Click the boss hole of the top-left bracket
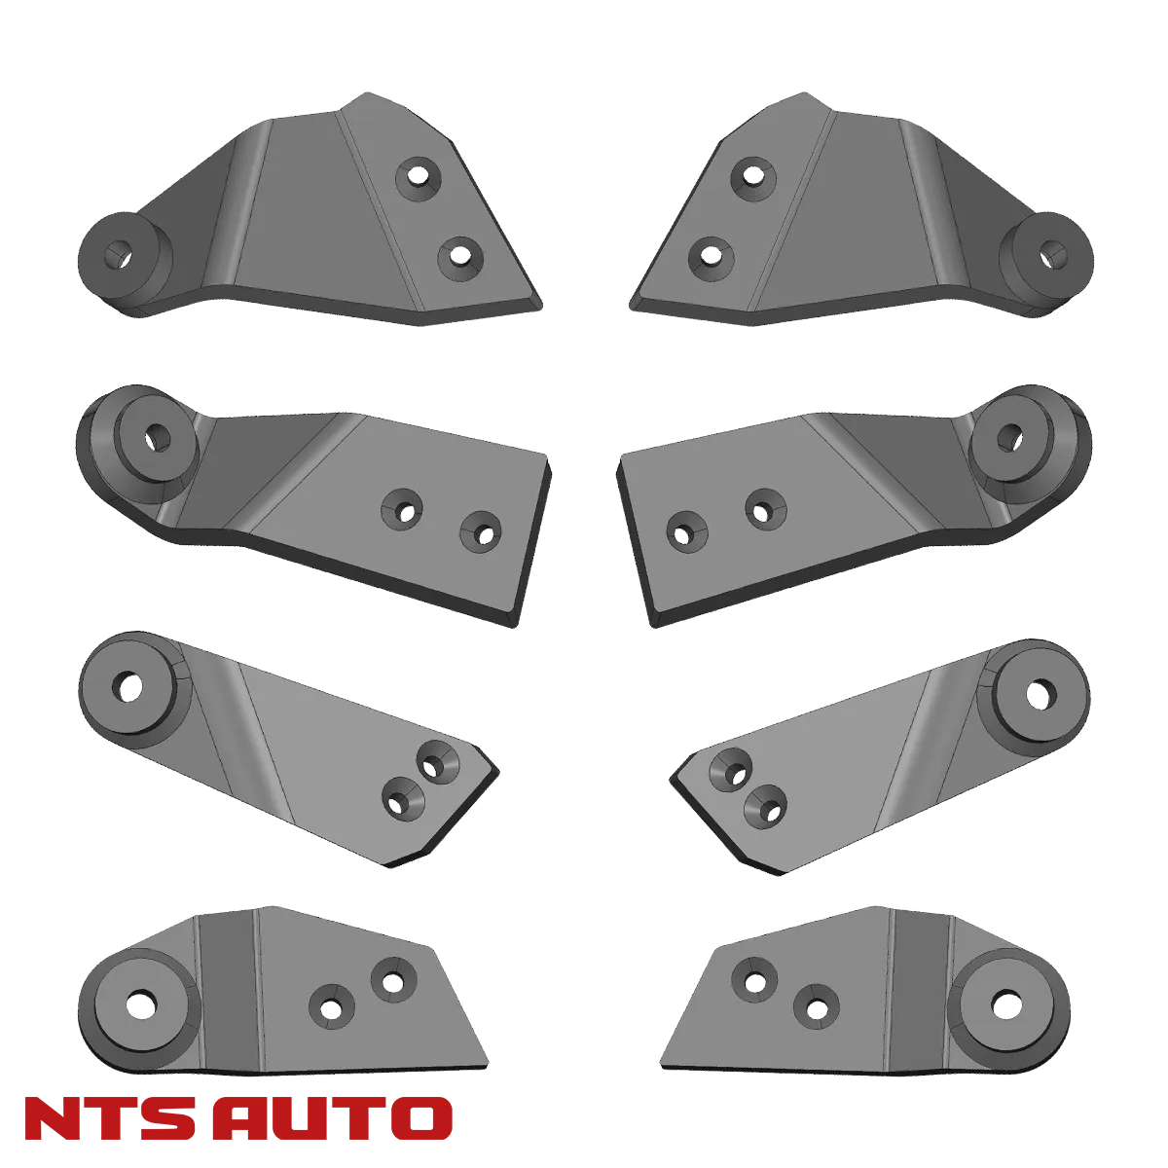coord(121,255)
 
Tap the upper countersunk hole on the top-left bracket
coord(419,176)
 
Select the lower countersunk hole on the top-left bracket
coord(459,259)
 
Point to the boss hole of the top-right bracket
coord(1048,255)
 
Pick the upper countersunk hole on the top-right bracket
coord(750,176)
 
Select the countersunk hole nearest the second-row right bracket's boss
coord(764,506)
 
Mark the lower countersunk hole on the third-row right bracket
coord(766,804)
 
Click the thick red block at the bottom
coord(238,1118)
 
